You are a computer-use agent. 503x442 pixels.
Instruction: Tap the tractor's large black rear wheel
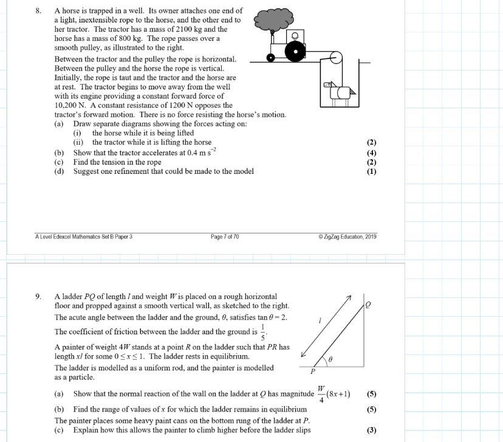295,52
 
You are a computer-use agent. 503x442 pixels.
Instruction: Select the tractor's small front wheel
272,58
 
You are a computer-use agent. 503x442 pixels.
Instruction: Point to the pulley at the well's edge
334,60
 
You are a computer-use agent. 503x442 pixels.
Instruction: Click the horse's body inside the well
341,92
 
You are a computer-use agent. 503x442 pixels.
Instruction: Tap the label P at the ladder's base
313,371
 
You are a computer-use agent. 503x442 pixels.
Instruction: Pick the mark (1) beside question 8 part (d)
372,171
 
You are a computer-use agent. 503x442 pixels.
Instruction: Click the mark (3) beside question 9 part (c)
372,430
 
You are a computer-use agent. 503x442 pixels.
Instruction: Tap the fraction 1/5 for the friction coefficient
262,333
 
